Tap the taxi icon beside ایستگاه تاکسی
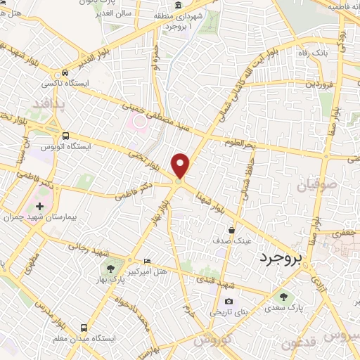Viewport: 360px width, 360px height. [65, 73]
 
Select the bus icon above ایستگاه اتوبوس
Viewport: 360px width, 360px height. [65, 136]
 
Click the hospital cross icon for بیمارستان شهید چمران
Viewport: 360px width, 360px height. [39, 207]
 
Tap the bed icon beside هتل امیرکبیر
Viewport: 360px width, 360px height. [146, 261]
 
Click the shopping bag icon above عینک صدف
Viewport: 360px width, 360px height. [232, 229]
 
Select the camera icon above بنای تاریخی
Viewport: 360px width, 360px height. [210, 301]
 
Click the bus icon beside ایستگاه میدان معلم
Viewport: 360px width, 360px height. [84, 328]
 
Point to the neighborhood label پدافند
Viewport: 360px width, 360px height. [48, 105]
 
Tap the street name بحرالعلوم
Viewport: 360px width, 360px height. [239, 144]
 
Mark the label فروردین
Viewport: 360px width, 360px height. [318, 84]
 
